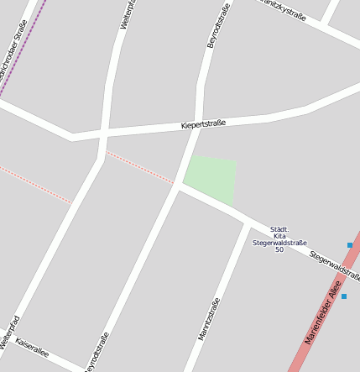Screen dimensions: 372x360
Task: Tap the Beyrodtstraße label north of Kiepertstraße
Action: point(218,25)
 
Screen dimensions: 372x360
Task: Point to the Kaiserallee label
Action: point(32,348)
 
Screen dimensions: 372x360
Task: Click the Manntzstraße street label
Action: point(209,318)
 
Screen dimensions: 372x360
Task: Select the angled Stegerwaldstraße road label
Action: point(334,265)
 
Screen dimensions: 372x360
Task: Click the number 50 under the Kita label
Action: point(279,249)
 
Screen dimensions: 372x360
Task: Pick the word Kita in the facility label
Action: point(279,236)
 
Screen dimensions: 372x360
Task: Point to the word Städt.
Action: point(279,228)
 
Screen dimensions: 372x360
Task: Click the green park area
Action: point(211,177)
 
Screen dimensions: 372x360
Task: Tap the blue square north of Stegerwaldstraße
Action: point(350,245)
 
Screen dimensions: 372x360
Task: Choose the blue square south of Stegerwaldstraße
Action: point(343,296)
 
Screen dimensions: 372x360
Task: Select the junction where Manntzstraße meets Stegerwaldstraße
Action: point(250,225)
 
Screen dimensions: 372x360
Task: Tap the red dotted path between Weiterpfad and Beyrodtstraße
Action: point(138,167)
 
